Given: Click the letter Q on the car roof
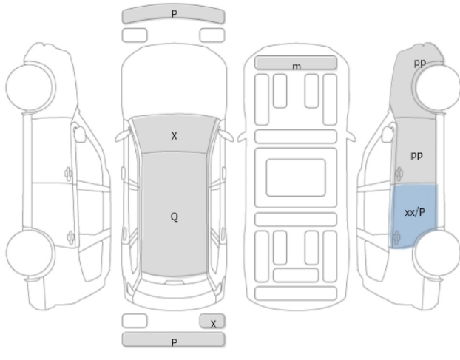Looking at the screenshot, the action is (x=175, y=217).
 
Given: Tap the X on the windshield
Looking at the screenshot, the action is (x=175, y=136).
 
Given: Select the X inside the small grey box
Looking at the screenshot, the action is (x=213, y=324).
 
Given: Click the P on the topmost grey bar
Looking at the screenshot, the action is (x=174, y=14).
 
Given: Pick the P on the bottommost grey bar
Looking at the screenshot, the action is (x=174, y=342).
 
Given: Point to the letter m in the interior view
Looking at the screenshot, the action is (x=297, y=67).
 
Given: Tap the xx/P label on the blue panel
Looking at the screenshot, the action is (x=415, y=212).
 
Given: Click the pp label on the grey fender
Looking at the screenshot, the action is (x=420, y=63).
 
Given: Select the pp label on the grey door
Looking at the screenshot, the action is (x=416, y=156).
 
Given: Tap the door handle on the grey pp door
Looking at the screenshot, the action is (x=399, y=174).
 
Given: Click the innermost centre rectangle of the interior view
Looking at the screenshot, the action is (x=296, y=177).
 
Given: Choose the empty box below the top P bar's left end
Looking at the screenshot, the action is (x=135, y=35).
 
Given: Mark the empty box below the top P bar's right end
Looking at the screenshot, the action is (x=212, y=35).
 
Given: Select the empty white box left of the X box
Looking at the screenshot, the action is (x=135, y=321).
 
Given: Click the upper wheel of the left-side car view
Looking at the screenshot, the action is (x=30, y=87).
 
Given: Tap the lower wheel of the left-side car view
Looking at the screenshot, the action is (x=30, y=253).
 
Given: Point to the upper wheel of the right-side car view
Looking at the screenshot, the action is (x=436, y=87).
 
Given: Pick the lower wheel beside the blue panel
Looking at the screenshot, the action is (x=436, y=253).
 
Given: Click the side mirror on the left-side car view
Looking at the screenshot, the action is (x=79, y=134).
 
